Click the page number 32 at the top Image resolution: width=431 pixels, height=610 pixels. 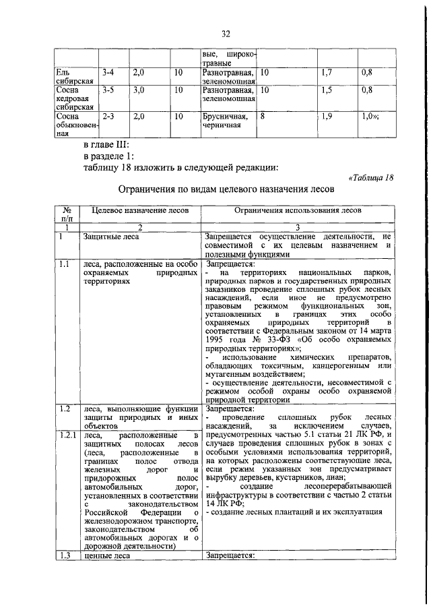(x=226, y=34)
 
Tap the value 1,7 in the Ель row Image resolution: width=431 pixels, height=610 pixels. (x=326, y=71)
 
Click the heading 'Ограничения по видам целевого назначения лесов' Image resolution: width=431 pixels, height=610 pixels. (x=226, y=191)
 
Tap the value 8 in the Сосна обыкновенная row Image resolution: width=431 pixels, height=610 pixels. (x=263, y=116)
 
